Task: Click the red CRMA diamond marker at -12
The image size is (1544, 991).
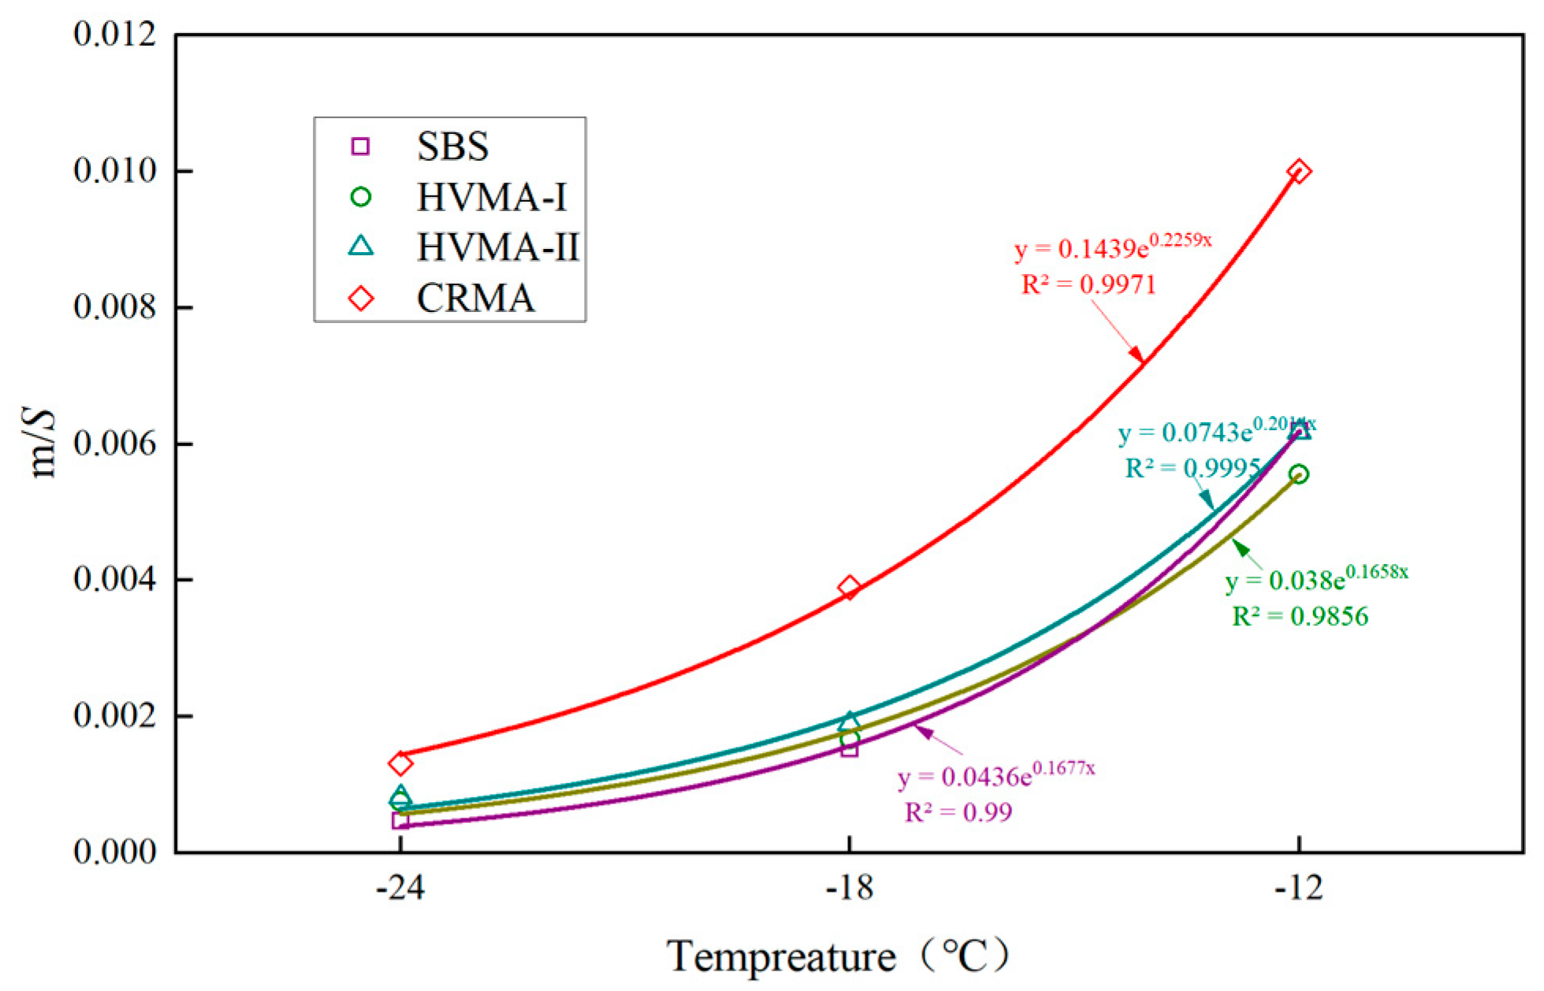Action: click(x=1299, y=171)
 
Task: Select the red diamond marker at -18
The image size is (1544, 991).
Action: click(x=849, y=587)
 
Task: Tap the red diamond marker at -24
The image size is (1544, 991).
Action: click(x=400, y=763)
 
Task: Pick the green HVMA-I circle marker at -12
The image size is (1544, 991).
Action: click(x=1299, y=473)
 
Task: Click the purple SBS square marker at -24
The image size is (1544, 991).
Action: click(x=400, y=820)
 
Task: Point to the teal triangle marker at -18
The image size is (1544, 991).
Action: click(x=849, y=721)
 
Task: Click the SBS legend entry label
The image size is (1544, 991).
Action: click(x=452, y=147)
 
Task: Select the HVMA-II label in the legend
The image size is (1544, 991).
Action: click(x=497, y=247)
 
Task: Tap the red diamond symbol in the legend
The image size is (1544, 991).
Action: click(x=361, y=299)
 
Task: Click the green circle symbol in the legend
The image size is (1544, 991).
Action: click(x=361, y=197)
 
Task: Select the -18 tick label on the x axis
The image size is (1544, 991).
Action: click(x=849, y=889)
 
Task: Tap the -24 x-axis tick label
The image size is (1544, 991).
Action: click(x=400, y=889)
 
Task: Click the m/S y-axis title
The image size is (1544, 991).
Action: click(x=43, y=444)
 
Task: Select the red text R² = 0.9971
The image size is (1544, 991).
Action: click(x=1088, y=284)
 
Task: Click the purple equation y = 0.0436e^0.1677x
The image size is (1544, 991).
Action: click(x=996, y=776)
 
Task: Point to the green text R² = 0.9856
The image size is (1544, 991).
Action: click(x=1300, y=616)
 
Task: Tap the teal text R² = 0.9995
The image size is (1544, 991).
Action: click(x=1192, y=469)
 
